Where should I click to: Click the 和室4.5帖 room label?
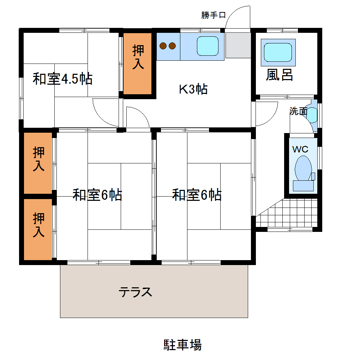pyautogui.click(x=62, y=79)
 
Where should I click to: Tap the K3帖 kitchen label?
pyautogui.click(x=193, y=89)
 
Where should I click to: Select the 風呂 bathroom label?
pyautogui.click(x=279, y=75)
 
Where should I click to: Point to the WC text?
pyautogui.click(x=300, y=149)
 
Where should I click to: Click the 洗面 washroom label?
pyautogui.click(x=298, y=111)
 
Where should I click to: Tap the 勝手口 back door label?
pyautogui.click(x=214, y=15)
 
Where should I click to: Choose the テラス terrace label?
pyautogui.click(x=135, y=292)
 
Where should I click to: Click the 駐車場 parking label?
pyautogui.click(x=182, y=344)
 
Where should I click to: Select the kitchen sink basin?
pyautogui.click(x=208, y=46)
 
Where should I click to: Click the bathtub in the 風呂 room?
pyautogui.click(x=278, y=52)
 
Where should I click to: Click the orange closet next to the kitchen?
pyautogui.click(x=138, y=64)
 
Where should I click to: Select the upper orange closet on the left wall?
pyautogui.click(x=38, y=163)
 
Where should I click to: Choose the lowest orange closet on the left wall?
pyautogui.click(x=38, y=229)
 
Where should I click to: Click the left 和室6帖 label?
pyautogui.click(x=97, y=195)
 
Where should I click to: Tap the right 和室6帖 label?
pyautogui.click(x=197, y=195)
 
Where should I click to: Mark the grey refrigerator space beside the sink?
pyautogui.click(x=238, y=46)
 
